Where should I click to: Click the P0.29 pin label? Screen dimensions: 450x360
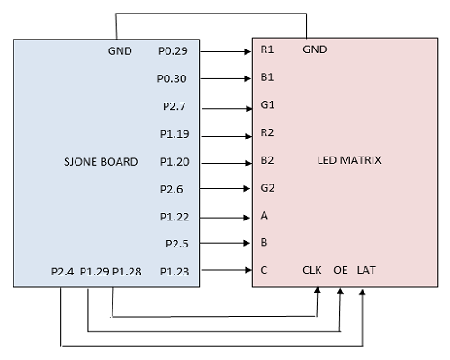tap(173, 51)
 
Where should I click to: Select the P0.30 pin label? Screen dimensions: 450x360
tap(172, 78)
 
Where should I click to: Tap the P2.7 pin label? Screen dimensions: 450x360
tap(175, 106)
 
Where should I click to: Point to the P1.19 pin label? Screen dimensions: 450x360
tap(175, 134)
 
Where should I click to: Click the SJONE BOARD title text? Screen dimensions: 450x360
tap(101, 162)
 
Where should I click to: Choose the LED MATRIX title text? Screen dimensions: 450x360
tap(349, 160)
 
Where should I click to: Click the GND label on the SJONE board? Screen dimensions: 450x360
tap(120, 51)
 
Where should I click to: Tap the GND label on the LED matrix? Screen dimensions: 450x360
tap(315, 49)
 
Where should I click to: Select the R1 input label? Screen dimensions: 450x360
tap(267, 49)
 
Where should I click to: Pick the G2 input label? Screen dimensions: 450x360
tap(267, 188)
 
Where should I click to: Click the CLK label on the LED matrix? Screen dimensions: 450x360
tap(312, 270)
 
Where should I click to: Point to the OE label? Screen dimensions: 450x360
tap(340, 270)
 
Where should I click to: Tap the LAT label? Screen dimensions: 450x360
tap(366, 270)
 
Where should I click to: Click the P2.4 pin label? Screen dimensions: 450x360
tap(62, 272)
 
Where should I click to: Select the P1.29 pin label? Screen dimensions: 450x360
tap(94, 272)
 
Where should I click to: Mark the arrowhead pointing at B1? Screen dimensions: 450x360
tap(247, 78)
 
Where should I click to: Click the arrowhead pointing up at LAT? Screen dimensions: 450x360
tap(363, 292)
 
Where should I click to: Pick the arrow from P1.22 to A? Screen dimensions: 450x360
tap(225, 218)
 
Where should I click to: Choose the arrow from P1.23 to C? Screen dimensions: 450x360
tap(227, 270)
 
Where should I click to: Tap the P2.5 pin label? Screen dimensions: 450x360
tap(177, 244)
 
